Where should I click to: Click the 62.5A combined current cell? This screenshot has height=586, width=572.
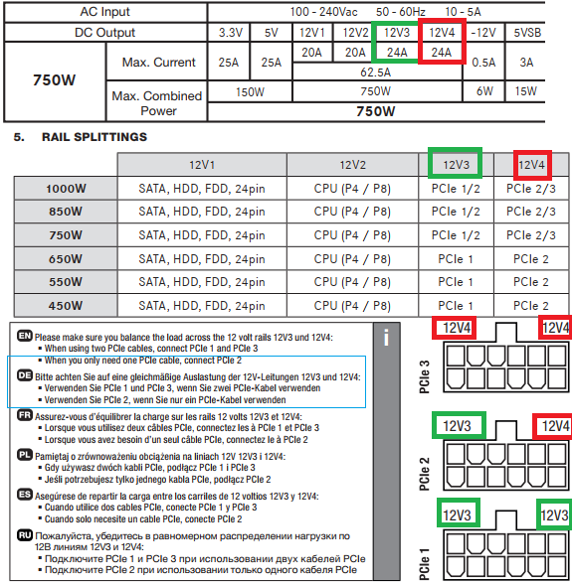pos(375,73)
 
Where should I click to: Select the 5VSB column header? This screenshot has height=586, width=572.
pos(527,33)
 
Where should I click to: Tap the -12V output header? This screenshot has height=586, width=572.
pos(483,33)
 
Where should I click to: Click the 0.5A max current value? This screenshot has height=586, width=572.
pos(483,62)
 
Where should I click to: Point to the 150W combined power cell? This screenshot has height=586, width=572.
pos(250,91)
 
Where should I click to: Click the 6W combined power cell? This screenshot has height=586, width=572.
pos(484,90)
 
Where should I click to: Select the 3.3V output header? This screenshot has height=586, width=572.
pos(230,33)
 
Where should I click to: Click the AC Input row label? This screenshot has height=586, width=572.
pos(104,12)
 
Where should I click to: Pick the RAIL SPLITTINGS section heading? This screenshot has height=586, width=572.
pos(95,137)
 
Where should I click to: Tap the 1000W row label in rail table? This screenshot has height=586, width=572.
pos(66,189)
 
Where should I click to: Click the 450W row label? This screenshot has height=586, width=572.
pos(65,306)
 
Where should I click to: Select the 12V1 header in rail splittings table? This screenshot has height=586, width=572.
pos(202,165)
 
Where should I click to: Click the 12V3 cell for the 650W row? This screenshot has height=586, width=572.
pos(456,259)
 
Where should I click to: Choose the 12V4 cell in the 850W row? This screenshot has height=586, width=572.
pos(531,212)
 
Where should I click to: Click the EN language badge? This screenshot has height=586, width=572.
pos(25,336)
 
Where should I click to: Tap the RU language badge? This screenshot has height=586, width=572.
pos(25,535)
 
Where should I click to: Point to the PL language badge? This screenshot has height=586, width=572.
pos(25,455)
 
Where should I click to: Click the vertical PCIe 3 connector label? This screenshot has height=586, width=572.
pos(424,376)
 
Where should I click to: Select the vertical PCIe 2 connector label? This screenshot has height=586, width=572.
pos(424,474)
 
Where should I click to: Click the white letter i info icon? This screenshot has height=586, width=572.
pos(386,338)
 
